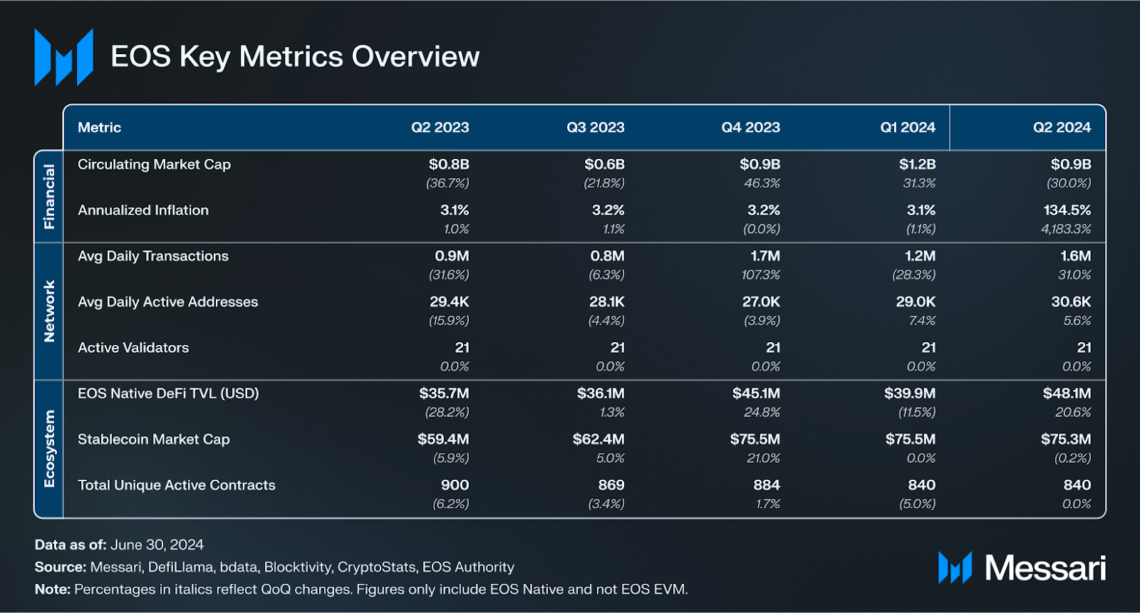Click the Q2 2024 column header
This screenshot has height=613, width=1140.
[x=1062, y=128]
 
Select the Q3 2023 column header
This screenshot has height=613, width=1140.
[x=595, y=128]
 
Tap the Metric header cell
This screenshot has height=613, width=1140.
[x=99, y=128]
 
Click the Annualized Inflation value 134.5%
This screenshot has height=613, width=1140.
[x=1067, y=210]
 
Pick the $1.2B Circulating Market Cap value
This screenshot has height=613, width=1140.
[x=917, y=165]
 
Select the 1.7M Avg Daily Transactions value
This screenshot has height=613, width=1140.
[x=765, y=256]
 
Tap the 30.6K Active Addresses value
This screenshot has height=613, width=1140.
[x=1071, y=302]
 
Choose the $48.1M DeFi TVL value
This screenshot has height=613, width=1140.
[x=1067, y=393]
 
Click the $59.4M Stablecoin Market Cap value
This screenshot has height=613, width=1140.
[x=443, y=439]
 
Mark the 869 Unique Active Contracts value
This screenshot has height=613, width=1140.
[x=611, y=485]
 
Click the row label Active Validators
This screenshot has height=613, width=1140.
[x=133, y=348]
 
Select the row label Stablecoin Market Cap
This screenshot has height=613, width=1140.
[x=153, y=439]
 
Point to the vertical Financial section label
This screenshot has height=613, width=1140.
[x=49, y=197]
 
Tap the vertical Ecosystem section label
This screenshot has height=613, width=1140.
[x=49, y=448]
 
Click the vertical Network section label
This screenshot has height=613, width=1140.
[x=49, y=311]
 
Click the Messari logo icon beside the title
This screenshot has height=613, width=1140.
[x=63, y=57]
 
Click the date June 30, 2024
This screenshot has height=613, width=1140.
[x=157, y=545]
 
